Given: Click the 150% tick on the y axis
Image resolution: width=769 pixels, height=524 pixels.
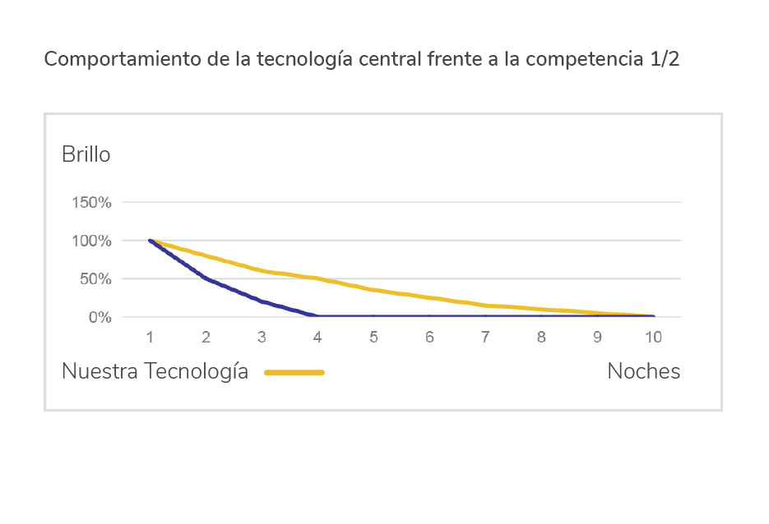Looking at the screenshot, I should pyautogui.click(x=93, y=202).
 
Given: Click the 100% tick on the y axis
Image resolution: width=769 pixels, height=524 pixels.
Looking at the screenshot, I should pyautogui.click(x=93, y=241).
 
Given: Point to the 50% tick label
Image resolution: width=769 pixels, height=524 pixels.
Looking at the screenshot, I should pyautogui.click(x=96, y=279).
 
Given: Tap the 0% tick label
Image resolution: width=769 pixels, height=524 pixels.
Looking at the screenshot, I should pyautogui.click(x=100, y=317).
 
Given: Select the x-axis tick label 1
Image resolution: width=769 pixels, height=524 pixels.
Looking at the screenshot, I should pyautogui.click(x=150, y=337).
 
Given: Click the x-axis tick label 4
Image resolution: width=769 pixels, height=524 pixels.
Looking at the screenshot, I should pyautogui.click(x=317, y=337).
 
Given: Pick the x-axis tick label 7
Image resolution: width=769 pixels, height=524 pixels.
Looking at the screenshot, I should pyautogui.click(x=485, y=337).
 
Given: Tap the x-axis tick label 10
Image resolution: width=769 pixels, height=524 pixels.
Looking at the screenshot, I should pyautogui.click(x=653, y=337).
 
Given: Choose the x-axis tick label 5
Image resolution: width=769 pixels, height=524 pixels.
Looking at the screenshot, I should pyautogui.click(x=373, y=337).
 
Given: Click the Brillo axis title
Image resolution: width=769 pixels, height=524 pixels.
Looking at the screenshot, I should pyautogui.click(x=86, y=154).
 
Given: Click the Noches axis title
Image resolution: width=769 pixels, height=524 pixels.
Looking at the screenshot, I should pyautogui.click(x=643, y=371).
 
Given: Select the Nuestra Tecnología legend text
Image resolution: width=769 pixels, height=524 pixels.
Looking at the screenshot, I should pyautogui.click(x=155, y=371).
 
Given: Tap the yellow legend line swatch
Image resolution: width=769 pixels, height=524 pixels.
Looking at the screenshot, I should pyautogui.click(x=294, y=372).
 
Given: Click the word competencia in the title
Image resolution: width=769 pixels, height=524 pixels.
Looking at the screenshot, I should pyautogui.click(x=579, y=61).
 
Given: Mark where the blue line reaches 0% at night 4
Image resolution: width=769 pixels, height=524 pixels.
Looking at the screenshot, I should pyautogui.click(x=317, y=316).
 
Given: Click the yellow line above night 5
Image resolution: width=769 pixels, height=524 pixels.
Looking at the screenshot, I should pyautogui.click(x=373, y=289).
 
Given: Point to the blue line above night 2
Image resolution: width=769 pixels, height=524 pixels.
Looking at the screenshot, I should pyautogui.click(x=206, y=279).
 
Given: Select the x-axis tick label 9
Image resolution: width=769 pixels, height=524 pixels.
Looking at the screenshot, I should pyautogui.click(x=597, y=337).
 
